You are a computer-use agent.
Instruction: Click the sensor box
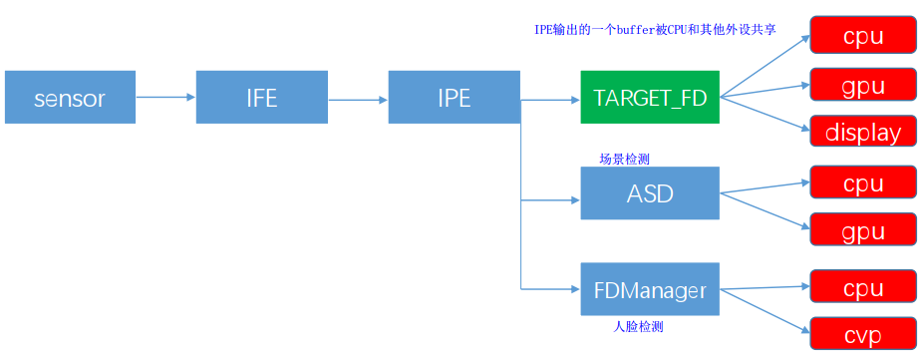pos(70,97)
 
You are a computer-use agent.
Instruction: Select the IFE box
pos(262,97)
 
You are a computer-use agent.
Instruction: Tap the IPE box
pos(454,97)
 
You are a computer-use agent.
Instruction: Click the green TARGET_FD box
pos(649,97)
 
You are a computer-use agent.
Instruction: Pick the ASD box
pos(649,193)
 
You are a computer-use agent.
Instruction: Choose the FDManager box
pos(649,290)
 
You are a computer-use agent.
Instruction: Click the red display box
pos(862,133)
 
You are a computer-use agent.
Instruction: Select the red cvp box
pos(862,335)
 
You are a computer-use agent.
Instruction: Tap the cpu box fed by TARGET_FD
pos(862,35)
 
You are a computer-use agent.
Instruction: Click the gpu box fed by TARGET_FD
pos(862,85)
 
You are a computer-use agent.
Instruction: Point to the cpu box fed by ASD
pos(862,182)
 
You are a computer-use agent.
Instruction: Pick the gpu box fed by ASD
pos(862,231)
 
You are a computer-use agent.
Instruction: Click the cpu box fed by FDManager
pos(862,287)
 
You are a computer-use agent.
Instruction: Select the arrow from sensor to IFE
pos(165,97)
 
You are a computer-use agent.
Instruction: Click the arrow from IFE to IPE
pos(358,99)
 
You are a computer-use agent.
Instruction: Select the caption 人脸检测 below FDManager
pos(638,326)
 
